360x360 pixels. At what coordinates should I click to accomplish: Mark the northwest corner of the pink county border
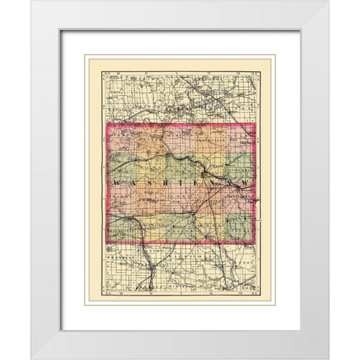(108, 124)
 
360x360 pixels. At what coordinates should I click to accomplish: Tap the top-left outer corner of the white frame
(31, 1)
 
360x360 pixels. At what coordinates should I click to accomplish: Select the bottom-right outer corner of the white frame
(328, 358)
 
